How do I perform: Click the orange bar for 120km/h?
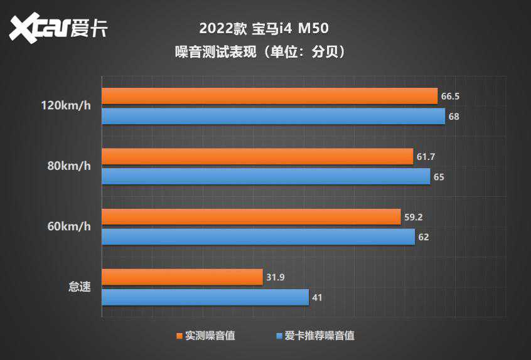coord(269,96)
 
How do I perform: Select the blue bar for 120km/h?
coord(273,116)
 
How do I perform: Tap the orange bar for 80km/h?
coord(257,156)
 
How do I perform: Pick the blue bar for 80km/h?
coord(265,176)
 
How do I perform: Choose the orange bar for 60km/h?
coord(251,216)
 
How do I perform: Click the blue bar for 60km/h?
coord(258,236)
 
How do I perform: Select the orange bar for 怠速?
coord(182,277)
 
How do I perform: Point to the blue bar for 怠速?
coord(205,297)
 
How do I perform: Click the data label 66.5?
coord(451,97)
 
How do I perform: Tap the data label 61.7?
coord(426,157)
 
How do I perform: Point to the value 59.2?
coord(414,217)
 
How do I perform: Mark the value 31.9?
coord(276,277)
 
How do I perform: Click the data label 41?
coord(317,297)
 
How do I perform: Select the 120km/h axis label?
coord(66,106)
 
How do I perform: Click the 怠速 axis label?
coord(80,287)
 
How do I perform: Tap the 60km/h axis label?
coord(69,226)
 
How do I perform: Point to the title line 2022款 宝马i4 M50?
coord(264,29)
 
